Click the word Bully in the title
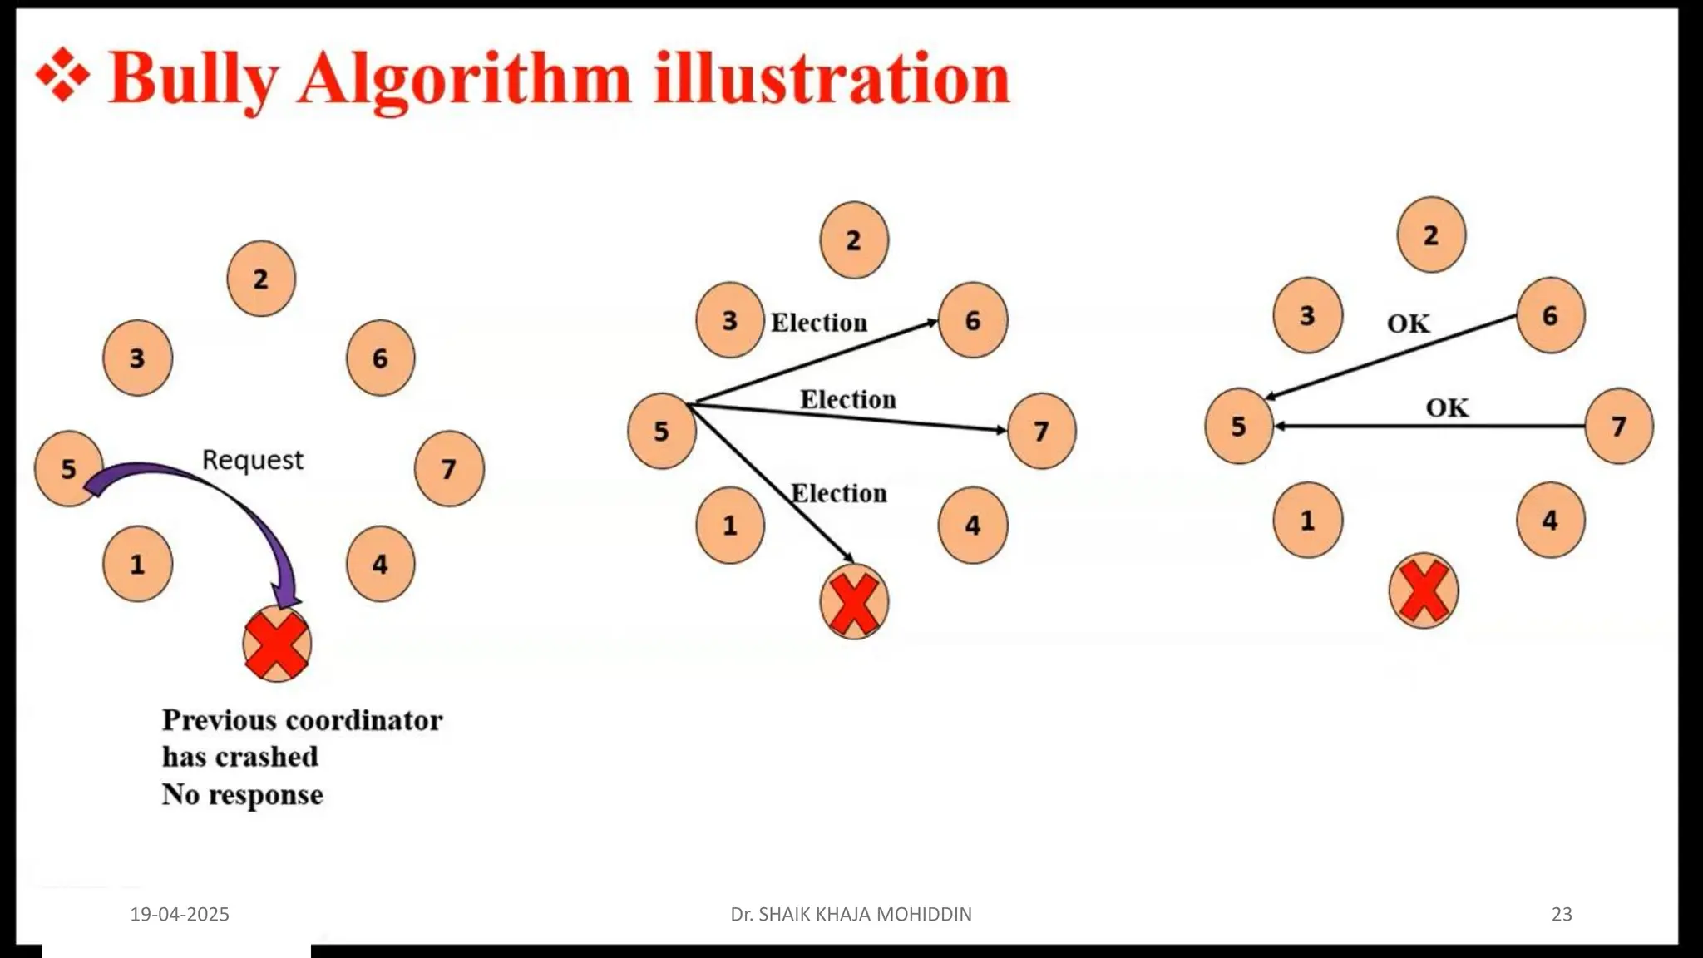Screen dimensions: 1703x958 193,80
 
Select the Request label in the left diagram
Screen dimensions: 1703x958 253,460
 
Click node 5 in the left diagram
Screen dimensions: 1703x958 68,469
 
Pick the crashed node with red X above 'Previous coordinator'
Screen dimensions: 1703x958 277,644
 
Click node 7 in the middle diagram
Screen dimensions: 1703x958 1041,431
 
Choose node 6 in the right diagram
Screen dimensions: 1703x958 1550,315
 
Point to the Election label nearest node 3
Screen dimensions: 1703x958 819,323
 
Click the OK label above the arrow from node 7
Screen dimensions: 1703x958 1447,408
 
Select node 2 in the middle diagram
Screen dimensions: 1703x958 854,240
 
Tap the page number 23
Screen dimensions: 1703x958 1562,914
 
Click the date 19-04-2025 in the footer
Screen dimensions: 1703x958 180,914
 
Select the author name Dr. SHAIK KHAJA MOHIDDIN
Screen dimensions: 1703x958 851,914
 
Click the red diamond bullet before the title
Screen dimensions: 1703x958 62,76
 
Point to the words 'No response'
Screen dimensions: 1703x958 243,795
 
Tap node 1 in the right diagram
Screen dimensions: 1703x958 1307,521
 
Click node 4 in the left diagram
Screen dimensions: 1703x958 380,565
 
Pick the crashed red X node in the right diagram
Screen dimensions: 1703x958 1424,591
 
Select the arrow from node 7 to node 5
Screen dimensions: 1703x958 1430,426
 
